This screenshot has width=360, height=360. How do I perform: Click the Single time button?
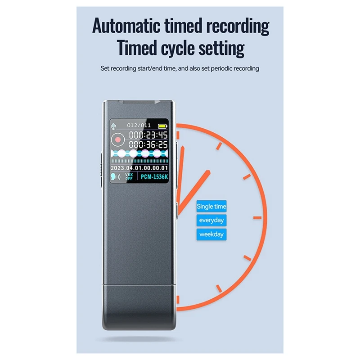tap(211, 207)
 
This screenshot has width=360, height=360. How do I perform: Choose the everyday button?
tap(211, 220)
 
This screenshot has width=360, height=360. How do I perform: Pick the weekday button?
tap(211, 234)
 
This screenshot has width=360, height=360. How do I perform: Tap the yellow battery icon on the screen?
tap(162, 126)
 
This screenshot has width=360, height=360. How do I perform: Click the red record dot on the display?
tap(118, 139)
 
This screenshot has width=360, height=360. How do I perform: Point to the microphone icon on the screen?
tap(113, 126)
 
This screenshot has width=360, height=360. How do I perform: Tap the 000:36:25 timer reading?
tap(148, 144)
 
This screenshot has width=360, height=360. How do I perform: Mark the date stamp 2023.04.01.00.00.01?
tap(139, 168)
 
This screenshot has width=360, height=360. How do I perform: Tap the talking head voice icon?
tap(116, 177)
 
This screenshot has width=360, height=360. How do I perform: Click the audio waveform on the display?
tap(139, 154)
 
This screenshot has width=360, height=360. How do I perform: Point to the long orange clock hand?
tap(181, 173)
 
